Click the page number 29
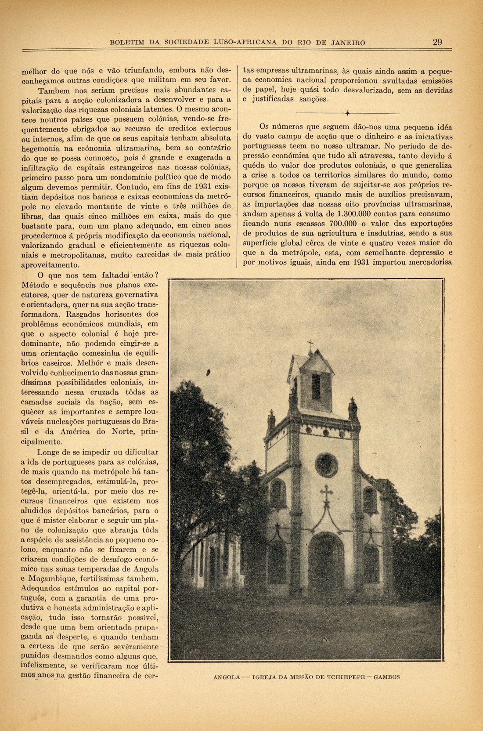(x=437, y=42)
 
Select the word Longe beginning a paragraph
(x=49, y=452)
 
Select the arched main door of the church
(x=325, y=556)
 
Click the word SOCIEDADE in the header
(x=188, y=43)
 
